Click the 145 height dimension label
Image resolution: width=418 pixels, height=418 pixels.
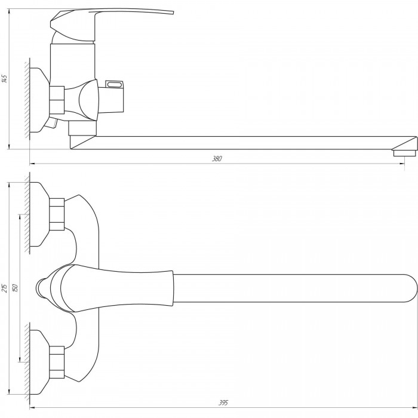click(x=5, y=79)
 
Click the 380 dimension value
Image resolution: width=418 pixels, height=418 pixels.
click(x=217, y=159)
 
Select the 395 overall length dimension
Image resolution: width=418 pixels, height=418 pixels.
click(x=223, y=402)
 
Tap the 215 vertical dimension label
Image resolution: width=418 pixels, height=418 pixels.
click(x=5, y=288)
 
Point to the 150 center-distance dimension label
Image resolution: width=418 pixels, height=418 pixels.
click(x=15, y=288)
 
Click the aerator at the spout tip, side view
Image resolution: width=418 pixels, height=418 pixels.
click(x=404, y=153)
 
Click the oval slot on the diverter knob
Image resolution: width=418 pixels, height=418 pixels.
click(x=115, y=85)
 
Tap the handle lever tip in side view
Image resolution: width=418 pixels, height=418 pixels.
click(x=172, y=13)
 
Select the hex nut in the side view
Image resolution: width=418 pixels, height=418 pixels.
click(x=57, y=100)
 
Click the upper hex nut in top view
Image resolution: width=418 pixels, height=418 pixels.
click(x=57, y=214)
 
